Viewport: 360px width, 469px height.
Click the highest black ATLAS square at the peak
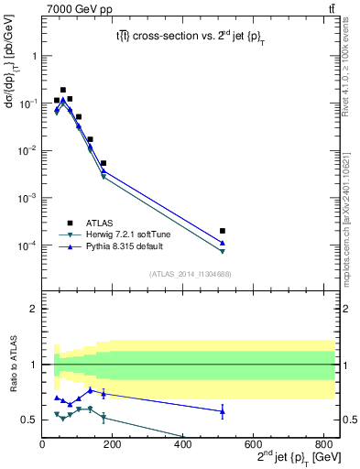[62, 90]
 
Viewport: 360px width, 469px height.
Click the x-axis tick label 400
[182, 445]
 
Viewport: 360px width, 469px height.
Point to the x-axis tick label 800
[322, 445]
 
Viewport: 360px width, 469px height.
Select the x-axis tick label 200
[112, 445]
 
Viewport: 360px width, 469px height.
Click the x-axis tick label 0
[42, 445]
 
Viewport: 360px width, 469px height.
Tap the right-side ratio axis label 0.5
[349, 420]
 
